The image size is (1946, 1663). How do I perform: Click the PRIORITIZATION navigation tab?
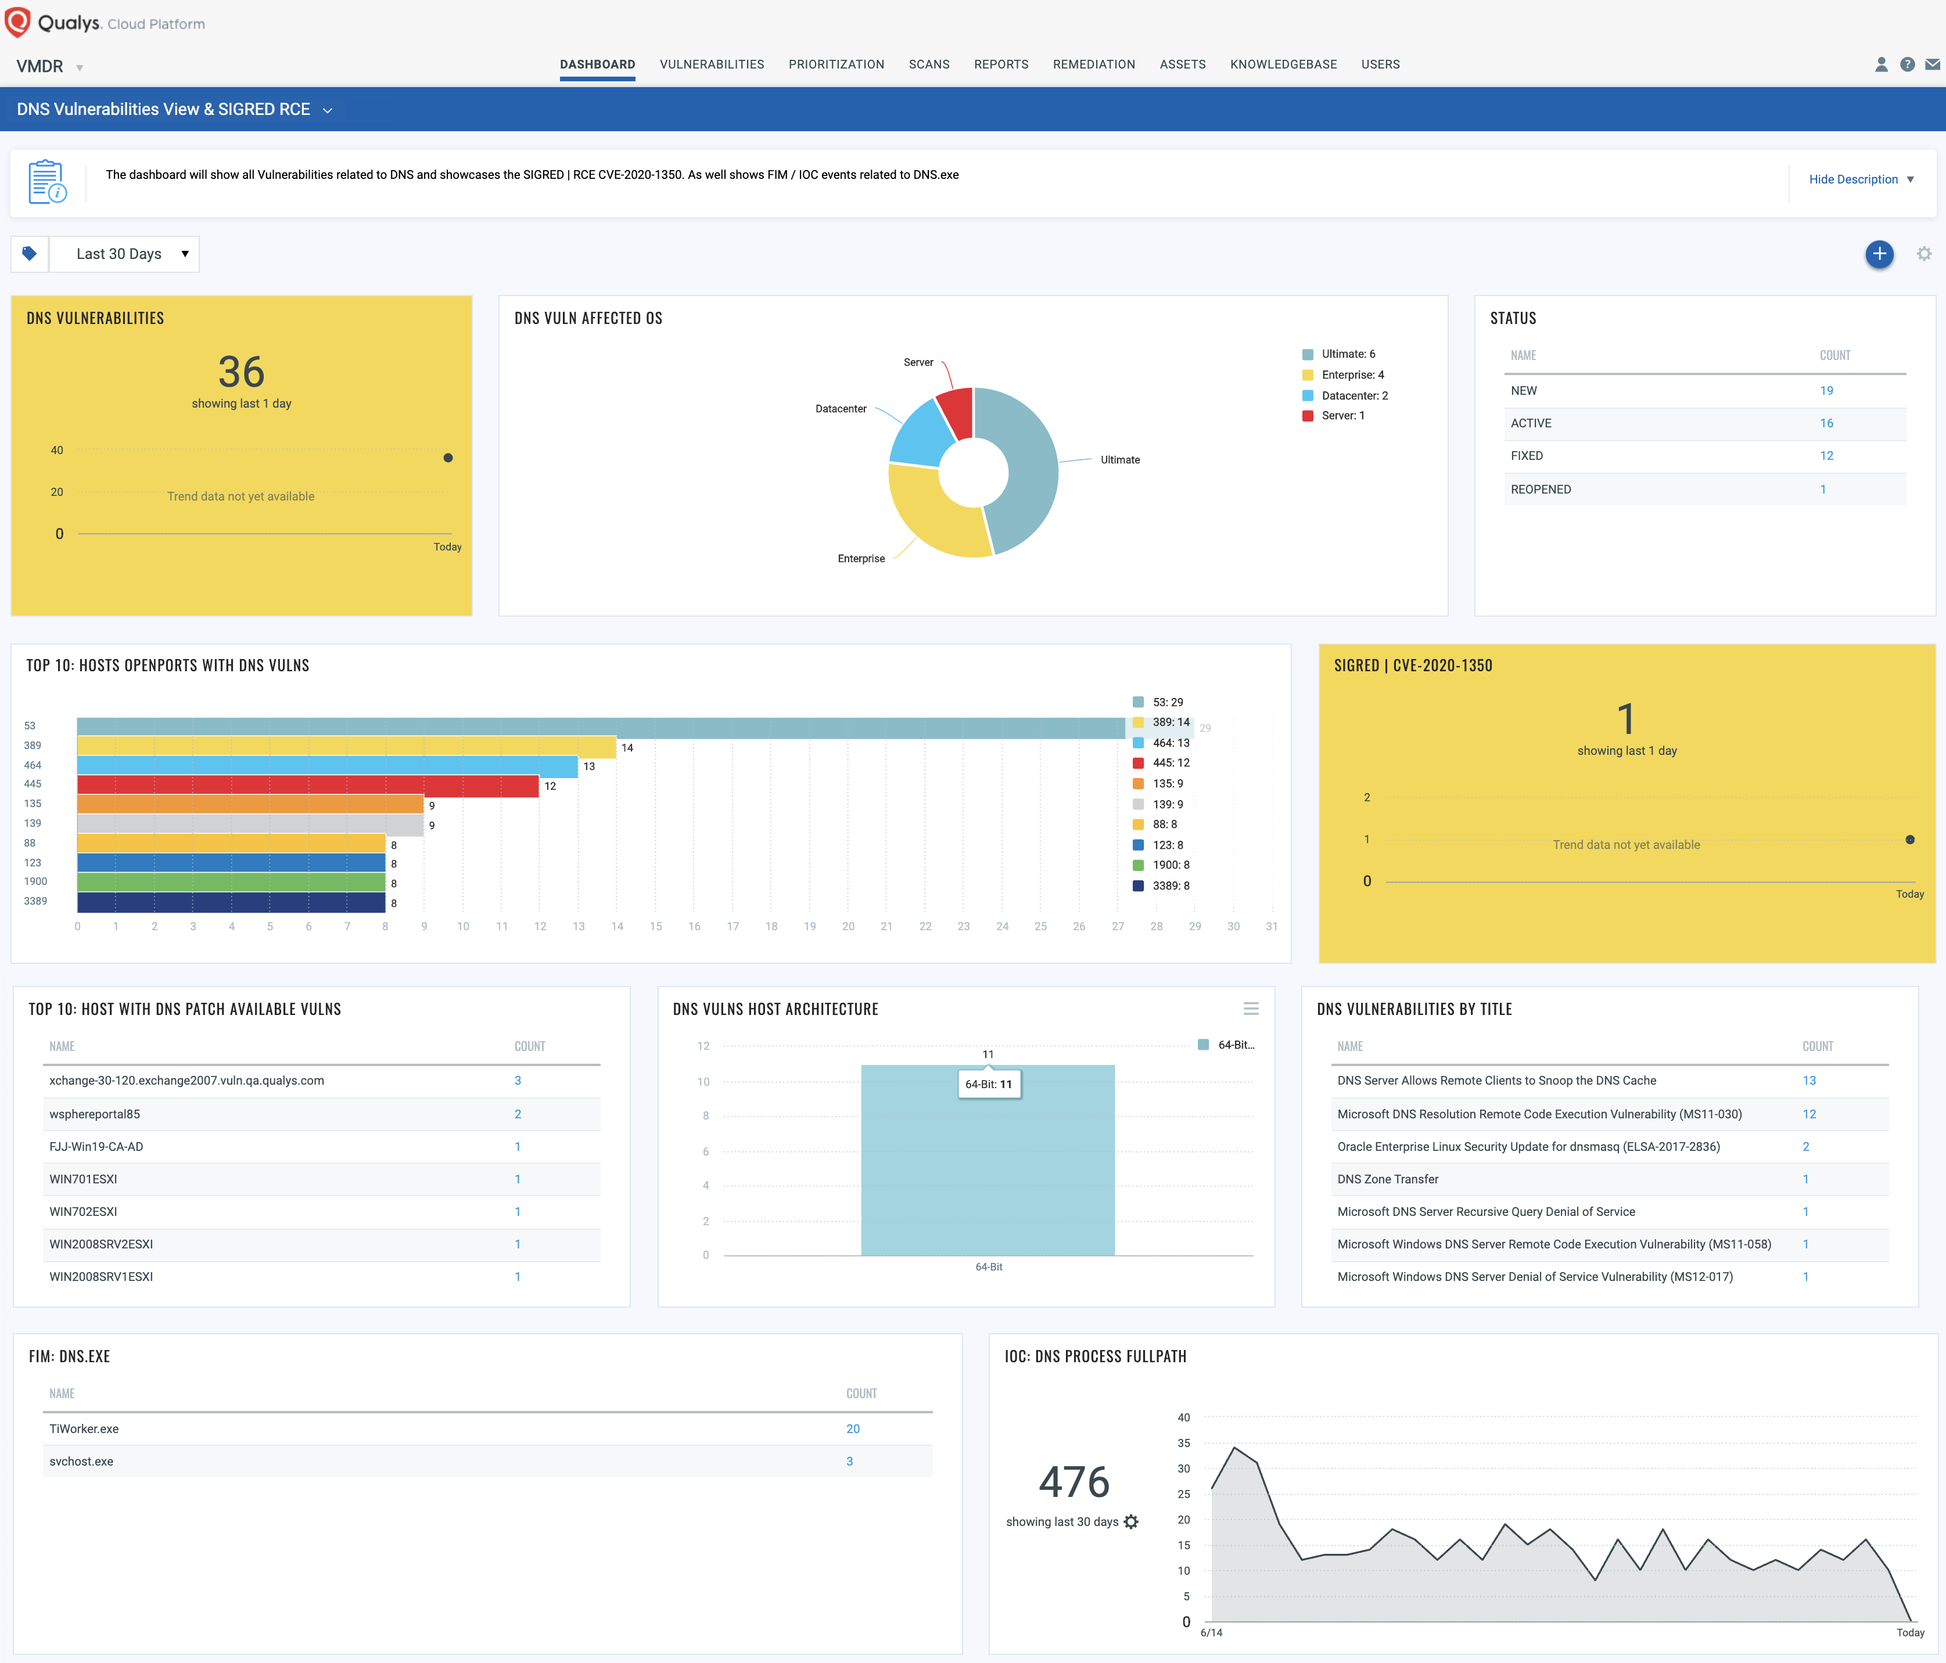[x=836, y=64]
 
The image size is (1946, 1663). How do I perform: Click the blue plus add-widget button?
[x=1879, y=254]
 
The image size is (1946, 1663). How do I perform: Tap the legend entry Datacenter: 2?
[x=1353, y=395]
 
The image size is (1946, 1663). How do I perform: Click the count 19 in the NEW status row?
[x=1826, y=391]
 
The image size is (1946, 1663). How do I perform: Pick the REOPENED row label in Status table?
[x=1541, y=489]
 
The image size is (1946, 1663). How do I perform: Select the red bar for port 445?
[x=307, y=785]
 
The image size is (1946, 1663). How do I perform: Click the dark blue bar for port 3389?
[x=231, y=902]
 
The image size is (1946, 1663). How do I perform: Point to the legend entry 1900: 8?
[x=1171, y=865]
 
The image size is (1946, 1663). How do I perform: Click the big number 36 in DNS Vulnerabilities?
[x=242, y=372]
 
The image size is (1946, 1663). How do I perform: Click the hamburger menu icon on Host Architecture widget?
[x=1250, y=1009]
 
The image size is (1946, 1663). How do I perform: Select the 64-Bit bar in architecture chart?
[x=987, y=1174]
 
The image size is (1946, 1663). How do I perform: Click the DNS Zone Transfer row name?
[x=1387, y=1179]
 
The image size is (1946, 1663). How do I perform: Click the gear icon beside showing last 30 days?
[x=1131, y=1521]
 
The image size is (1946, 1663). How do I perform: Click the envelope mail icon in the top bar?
[x=1932, y=64]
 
